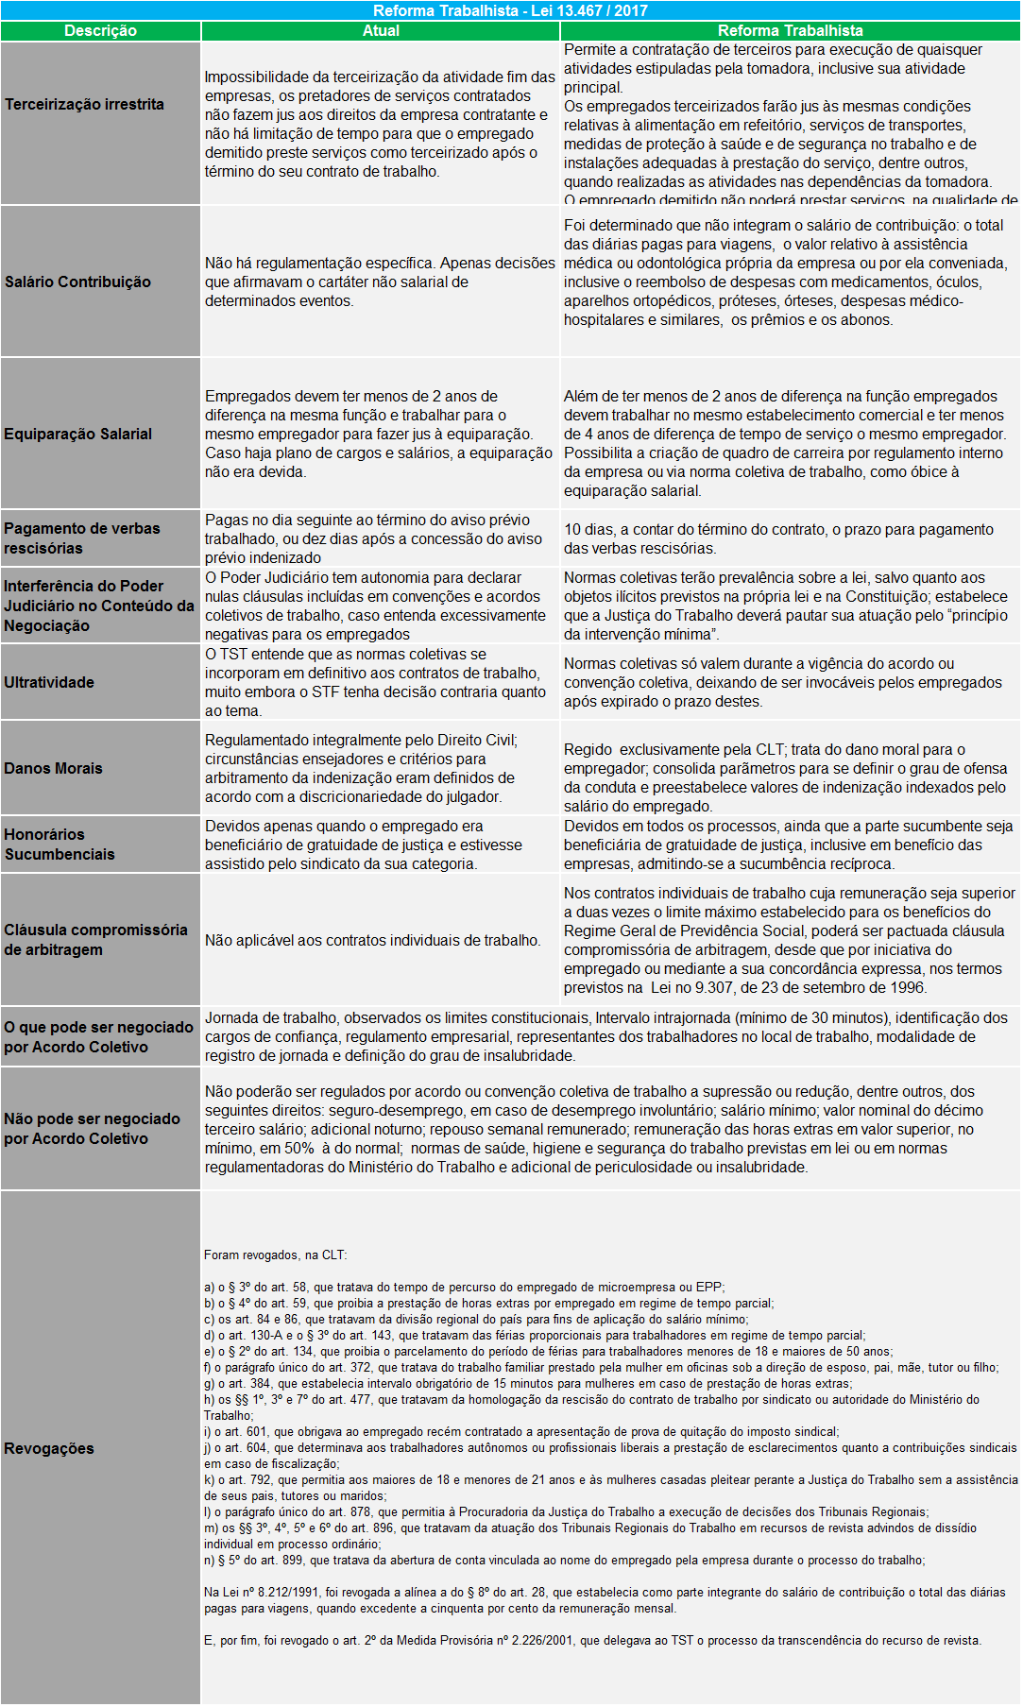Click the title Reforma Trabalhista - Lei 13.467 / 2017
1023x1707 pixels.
tap(510, 10)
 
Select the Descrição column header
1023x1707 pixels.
tap(100, 30)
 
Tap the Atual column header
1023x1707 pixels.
tap(381, 30)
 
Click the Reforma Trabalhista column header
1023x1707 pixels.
tap(790, 30)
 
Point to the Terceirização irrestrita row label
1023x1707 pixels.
tap(84, 104)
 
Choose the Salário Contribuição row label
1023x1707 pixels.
tap(77, 282)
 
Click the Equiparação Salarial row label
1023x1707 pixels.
tap(77, 434)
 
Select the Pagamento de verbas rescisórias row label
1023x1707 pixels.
tap(82, 538)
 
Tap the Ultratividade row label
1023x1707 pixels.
tap(49, 682)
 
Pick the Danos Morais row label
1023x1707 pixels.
tap(53, 768)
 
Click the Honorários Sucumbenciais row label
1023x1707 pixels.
tap(60, 845)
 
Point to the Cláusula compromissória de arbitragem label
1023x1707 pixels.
tap(95, 940)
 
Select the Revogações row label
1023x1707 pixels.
tap(49, 1448)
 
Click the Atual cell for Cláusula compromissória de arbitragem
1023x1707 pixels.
tap(373, 940)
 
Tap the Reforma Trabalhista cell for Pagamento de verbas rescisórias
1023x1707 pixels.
tap(778, 538)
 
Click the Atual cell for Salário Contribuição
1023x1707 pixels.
tap(380, 282)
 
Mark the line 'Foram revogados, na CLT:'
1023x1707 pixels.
tap(276, 1255)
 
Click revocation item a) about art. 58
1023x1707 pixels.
tap(464, 1287)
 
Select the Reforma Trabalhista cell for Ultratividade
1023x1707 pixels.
tap(783, 682)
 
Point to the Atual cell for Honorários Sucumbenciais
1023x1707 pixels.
tap(364, 845)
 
